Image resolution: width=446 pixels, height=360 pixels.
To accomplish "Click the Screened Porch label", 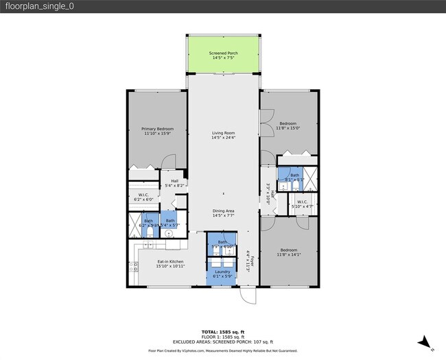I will [x=223, y=56].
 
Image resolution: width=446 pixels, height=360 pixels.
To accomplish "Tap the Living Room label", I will [x=223, y=136].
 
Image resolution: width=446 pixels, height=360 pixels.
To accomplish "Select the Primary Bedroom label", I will [x=157, y=131].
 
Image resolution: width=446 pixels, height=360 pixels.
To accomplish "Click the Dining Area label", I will [x=223, y=214].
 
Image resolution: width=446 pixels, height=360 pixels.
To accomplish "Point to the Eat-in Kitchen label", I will [x=170, y=263].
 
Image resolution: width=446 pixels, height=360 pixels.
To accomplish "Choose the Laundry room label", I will [x=222, y=274].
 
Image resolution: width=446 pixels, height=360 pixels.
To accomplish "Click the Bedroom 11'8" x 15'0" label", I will [x=288, y=127].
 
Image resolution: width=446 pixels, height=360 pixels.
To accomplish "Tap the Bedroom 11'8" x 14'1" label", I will [x=288, y=252].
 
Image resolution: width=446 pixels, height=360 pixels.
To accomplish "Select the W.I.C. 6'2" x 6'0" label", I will [x=144, y=197].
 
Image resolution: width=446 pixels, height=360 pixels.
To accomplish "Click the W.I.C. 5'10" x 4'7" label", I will [x=302, y=204].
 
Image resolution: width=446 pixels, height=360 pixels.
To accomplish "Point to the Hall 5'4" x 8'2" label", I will [x=174, y=183].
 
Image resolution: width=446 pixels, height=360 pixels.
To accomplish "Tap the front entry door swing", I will [x=247, y=295].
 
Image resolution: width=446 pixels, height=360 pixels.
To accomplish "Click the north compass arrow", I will [x=426, y=342].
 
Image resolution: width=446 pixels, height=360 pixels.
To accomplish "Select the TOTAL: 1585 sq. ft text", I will [x=223, y=332].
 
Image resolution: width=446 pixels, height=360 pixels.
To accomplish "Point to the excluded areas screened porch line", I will [x=223, y=341].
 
